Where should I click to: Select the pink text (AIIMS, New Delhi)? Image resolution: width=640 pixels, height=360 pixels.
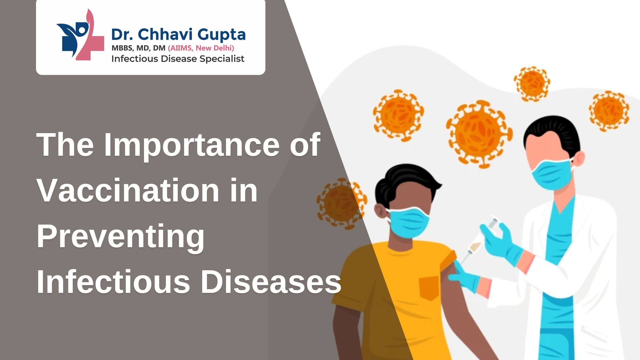(x=201, y=48)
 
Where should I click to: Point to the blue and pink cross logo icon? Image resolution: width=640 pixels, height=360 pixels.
(x=80, y=35)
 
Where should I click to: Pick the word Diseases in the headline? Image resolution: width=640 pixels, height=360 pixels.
(x=271, y=282)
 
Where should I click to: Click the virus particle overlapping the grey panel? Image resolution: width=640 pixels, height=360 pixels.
(x=342, y=204)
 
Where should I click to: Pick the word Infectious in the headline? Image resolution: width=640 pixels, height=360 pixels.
(x=113, y=282)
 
